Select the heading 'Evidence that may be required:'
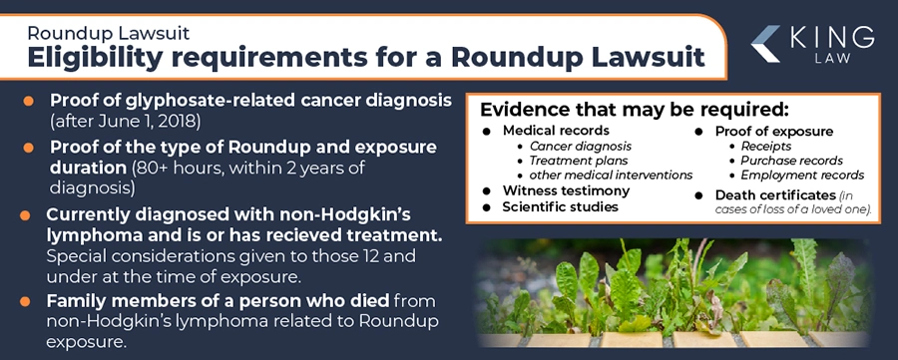point(635,109)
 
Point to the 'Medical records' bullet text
point(556,132)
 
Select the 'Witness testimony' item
point(566,190)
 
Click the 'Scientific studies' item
point(561,207)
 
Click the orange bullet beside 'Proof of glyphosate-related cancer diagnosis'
point(29,102)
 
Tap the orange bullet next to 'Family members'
point(29,302)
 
